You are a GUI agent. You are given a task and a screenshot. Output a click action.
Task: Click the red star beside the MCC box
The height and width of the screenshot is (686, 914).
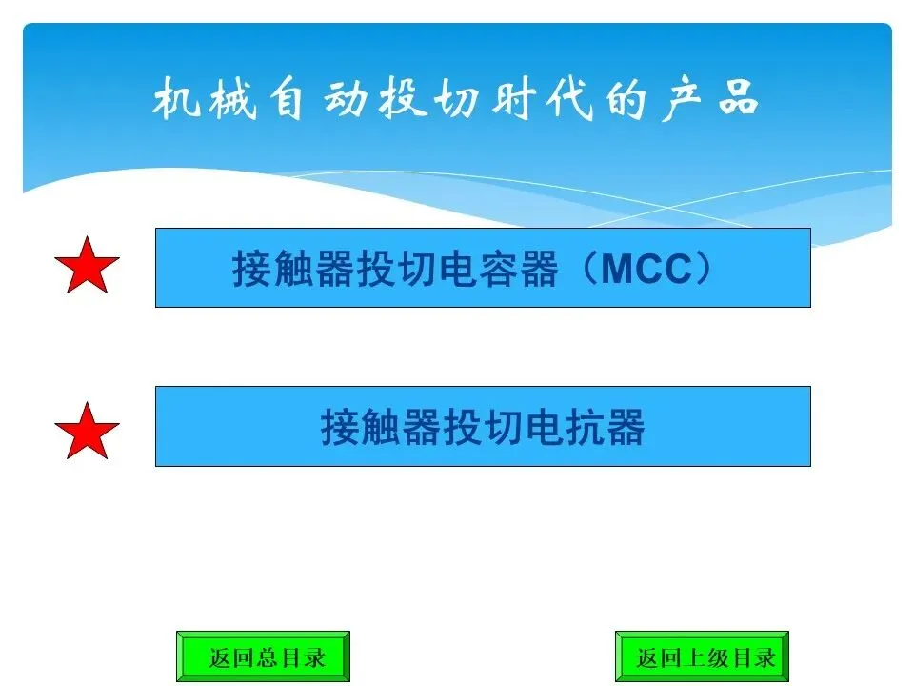click(x=87, y=267)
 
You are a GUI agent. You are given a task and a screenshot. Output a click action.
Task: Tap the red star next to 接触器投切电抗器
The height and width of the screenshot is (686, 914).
click(x=87, y=431)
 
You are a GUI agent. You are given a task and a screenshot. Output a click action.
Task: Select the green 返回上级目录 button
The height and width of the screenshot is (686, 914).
click(x=702, y=656)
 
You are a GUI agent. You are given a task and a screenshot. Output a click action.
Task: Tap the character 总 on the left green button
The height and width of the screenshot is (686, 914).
click(x=268, y=657)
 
